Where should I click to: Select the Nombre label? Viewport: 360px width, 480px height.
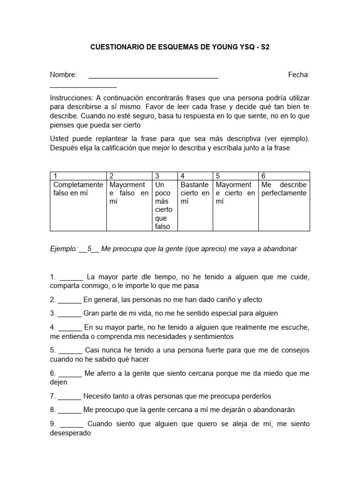[63, 75]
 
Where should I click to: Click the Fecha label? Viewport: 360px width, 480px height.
[299, 75]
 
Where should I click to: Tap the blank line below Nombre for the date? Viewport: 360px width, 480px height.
[83, 86]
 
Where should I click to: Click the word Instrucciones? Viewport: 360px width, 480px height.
[71, 98]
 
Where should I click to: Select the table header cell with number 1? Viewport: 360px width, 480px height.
[78, 176]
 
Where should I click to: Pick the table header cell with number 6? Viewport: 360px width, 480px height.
[284, 176]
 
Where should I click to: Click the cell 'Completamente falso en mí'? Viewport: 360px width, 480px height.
[78, 189]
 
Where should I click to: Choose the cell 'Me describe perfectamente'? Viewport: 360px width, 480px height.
[284, 189]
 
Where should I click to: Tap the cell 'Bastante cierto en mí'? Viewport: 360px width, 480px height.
[195, 193]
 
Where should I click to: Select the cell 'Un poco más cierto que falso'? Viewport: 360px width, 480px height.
[164, 205]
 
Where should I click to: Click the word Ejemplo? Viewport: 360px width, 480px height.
[63, 249]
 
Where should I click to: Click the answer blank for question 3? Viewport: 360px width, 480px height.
[70, 313]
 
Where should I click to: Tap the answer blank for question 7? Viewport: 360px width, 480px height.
[70, 396]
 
